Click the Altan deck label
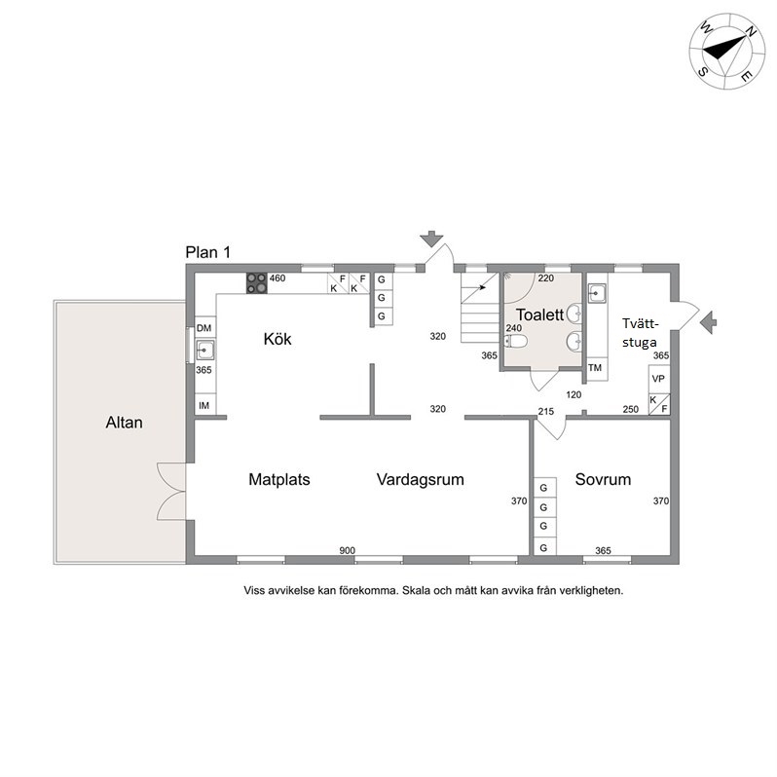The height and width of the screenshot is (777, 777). [124, 423]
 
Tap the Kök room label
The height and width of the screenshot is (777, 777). [277, 339]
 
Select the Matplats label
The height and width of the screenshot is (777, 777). [279, 479]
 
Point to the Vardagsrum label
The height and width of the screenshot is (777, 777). [421, 479]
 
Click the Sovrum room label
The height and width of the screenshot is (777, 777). [603, 479]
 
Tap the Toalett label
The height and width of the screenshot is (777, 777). [539, 314]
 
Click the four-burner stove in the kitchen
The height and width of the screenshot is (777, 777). [257, 283]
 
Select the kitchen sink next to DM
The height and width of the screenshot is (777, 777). [205, 350]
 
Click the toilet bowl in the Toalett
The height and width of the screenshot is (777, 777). [515, 341]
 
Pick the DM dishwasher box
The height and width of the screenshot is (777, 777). [204, 327]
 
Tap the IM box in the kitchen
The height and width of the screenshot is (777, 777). [204, 405]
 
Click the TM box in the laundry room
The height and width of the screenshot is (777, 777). [595, 368]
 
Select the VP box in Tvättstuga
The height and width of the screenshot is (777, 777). [658, 379]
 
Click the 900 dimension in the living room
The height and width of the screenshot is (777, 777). [347, 550]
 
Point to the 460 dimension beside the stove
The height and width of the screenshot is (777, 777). [277, 278]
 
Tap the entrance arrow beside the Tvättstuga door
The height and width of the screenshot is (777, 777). [709, 322]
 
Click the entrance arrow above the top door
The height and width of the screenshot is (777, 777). [431, 239]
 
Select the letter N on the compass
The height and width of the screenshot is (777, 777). [751, 32]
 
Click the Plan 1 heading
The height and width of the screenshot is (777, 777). [208, 252]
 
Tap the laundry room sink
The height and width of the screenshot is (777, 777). [597, 293]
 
